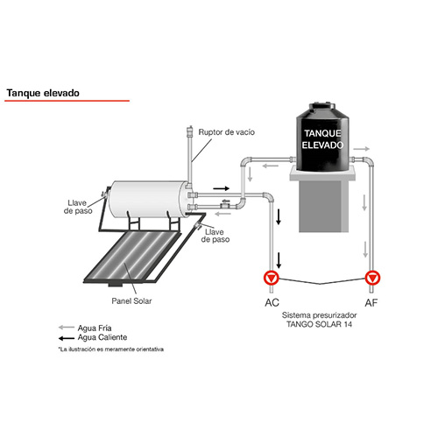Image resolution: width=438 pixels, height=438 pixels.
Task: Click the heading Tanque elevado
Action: click(x=43, y=93)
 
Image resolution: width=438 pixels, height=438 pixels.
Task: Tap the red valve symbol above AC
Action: click(x=272, y=278)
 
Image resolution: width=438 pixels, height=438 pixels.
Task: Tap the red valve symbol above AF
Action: click(x=372, y=278)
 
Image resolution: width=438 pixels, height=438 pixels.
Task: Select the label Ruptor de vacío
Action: click(x=227, y=132)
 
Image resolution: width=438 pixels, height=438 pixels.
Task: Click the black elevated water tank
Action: click(x=322, y=137)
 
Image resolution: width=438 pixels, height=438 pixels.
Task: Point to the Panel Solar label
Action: click(x=131, y=301)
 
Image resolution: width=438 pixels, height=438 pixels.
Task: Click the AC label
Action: click(x=272, y=303)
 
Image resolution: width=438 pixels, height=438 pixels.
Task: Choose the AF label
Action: click(x=371, y=303)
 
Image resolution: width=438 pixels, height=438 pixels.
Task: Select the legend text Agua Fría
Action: click(x=95, y=328)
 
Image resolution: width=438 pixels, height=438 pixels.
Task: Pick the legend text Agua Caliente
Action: click(x=102, y=337)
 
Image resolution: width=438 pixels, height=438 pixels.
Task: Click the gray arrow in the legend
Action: click(x=67, y=328)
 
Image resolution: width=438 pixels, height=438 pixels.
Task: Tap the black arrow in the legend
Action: click(x=67, y=338)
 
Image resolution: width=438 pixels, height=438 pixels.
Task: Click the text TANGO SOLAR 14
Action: click(x=319, y=324)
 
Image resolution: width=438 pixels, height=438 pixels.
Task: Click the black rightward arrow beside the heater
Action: click(x=221, y=188)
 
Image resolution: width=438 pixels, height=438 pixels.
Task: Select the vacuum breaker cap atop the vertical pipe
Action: click(x=190, y=131)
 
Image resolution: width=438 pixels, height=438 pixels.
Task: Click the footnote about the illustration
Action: click(x=111, y=350)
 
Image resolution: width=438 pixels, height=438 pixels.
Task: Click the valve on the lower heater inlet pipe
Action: click(x=225, y=204)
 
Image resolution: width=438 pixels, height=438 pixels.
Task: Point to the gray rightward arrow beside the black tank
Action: click(x=362, y=149)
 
